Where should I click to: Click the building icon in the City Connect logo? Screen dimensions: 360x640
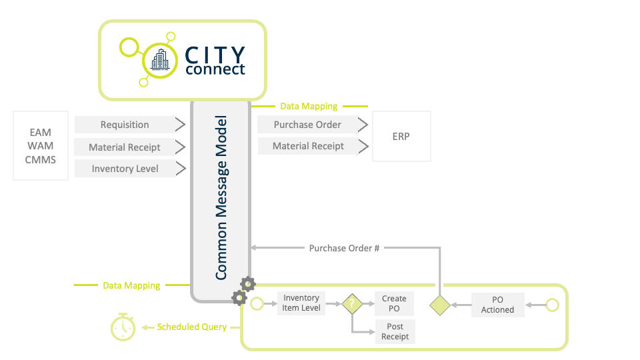pyautogui.click(x=160, y=61)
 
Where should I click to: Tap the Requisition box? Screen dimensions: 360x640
pyautogui.click(x=125, y=125)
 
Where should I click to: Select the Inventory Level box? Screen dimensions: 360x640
pyautogui.click(x=125, y=169)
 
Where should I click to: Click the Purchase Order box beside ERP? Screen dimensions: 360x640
pyautogui.click(x=307, y=125)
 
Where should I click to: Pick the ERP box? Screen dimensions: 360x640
pyautogui.click(x=401, y=136)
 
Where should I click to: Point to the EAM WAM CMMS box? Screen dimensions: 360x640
pyautogui.click(x=41, y=146)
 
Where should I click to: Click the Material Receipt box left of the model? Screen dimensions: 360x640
pyautogui.click(x=125, y=147)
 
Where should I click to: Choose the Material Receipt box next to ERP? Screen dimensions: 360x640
pyautogui.click(x=308, y=146)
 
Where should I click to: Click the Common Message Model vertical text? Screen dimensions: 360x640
pyautogui.click(x=221, y=198)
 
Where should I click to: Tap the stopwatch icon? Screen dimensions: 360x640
pyautogui.click(x=123, y=327)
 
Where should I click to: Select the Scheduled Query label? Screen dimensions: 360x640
pyautogui.click(x=191, y=327)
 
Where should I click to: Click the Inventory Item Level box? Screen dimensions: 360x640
pyautogui.click(x=301, y=303)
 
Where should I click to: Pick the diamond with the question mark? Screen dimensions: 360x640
pyautogui.click(x=351, y=304)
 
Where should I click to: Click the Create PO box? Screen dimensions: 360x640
pyautogui.click(x=394, y=303)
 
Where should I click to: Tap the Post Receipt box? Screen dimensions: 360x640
pyautogui.click(x=395, y=331)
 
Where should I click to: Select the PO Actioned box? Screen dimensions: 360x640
pyautogui.click(x=497, y=305)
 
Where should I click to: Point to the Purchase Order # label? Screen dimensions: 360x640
pyautogui.click(x=344, y=248)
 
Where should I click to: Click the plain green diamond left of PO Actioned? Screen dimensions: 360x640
pyautogui.click(x=440, y=305)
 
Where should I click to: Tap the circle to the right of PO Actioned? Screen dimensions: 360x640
pyautogui.click(x=552, y=305)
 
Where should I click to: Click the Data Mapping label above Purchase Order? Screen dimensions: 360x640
pyautogui.click(x=309, y=106)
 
